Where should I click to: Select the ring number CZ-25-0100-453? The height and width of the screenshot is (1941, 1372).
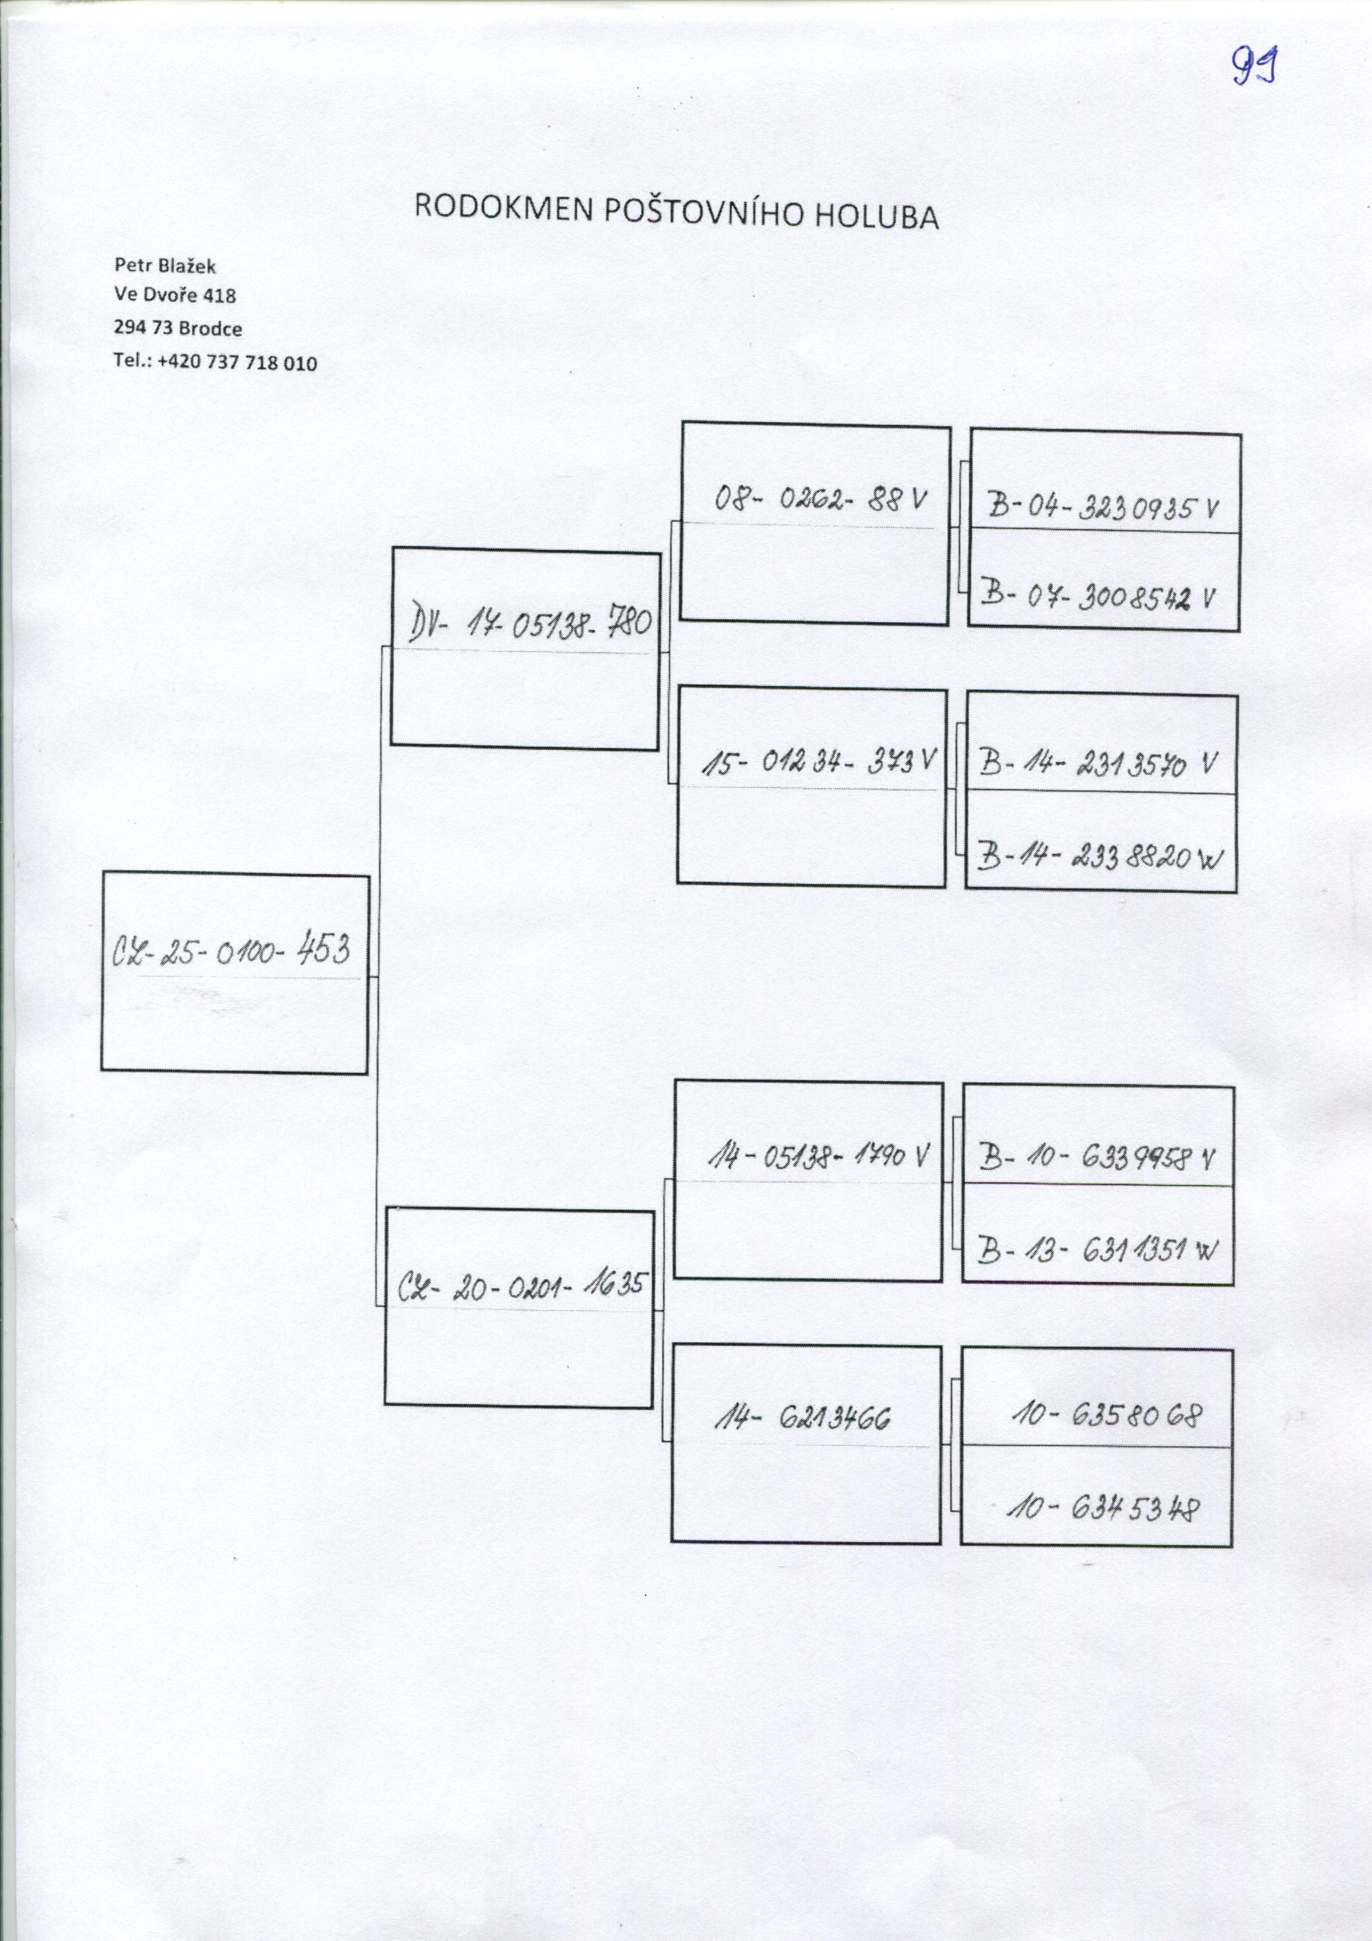(230, 950)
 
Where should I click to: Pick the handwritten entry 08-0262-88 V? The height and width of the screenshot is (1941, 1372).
(820, 501)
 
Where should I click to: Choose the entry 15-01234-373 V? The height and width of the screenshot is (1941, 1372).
(817, 763)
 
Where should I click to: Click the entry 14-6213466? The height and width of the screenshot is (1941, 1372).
(802, 1416)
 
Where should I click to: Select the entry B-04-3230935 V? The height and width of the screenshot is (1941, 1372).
(1103, 508)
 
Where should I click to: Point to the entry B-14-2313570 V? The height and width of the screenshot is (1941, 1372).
(1097, 764)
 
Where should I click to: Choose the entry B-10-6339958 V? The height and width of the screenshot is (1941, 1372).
(1097, 1157)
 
